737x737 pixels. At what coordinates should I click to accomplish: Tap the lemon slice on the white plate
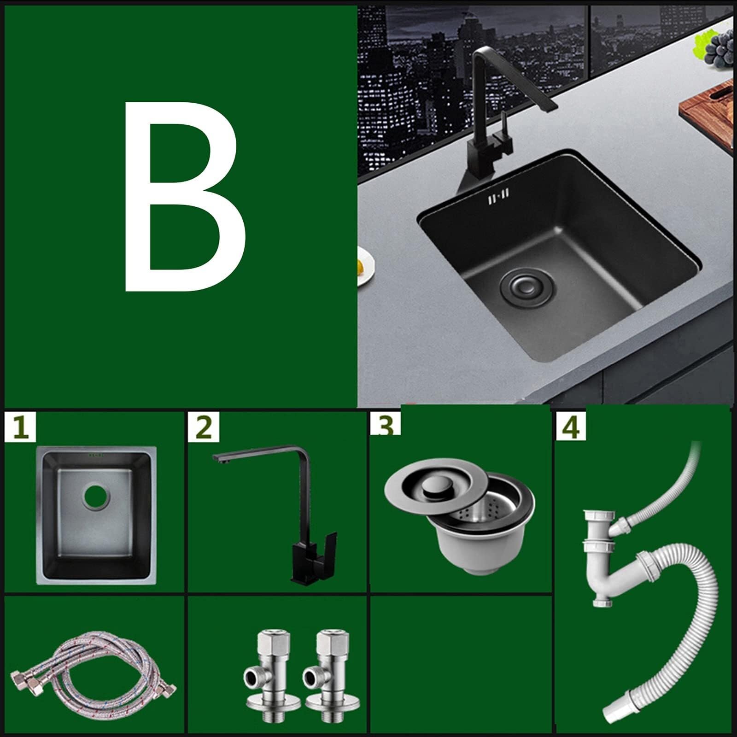[x=361, y=266]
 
